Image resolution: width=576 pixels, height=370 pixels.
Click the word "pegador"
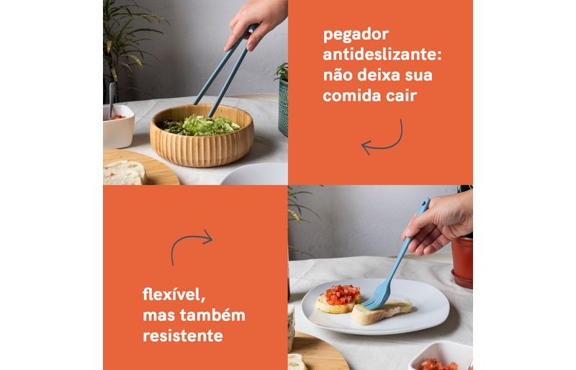(356, 35)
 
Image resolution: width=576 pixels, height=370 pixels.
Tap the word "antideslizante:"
(382, 55)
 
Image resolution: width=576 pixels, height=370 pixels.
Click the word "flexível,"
(174, 294)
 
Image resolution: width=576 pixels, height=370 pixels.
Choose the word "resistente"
(183, 335)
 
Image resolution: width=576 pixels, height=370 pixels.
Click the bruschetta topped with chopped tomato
(338, 298)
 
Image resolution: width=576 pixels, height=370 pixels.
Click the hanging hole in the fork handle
(424, 203)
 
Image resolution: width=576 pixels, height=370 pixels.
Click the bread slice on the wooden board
(123, 172)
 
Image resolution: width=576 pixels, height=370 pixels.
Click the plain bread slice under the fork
(382, 311)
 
